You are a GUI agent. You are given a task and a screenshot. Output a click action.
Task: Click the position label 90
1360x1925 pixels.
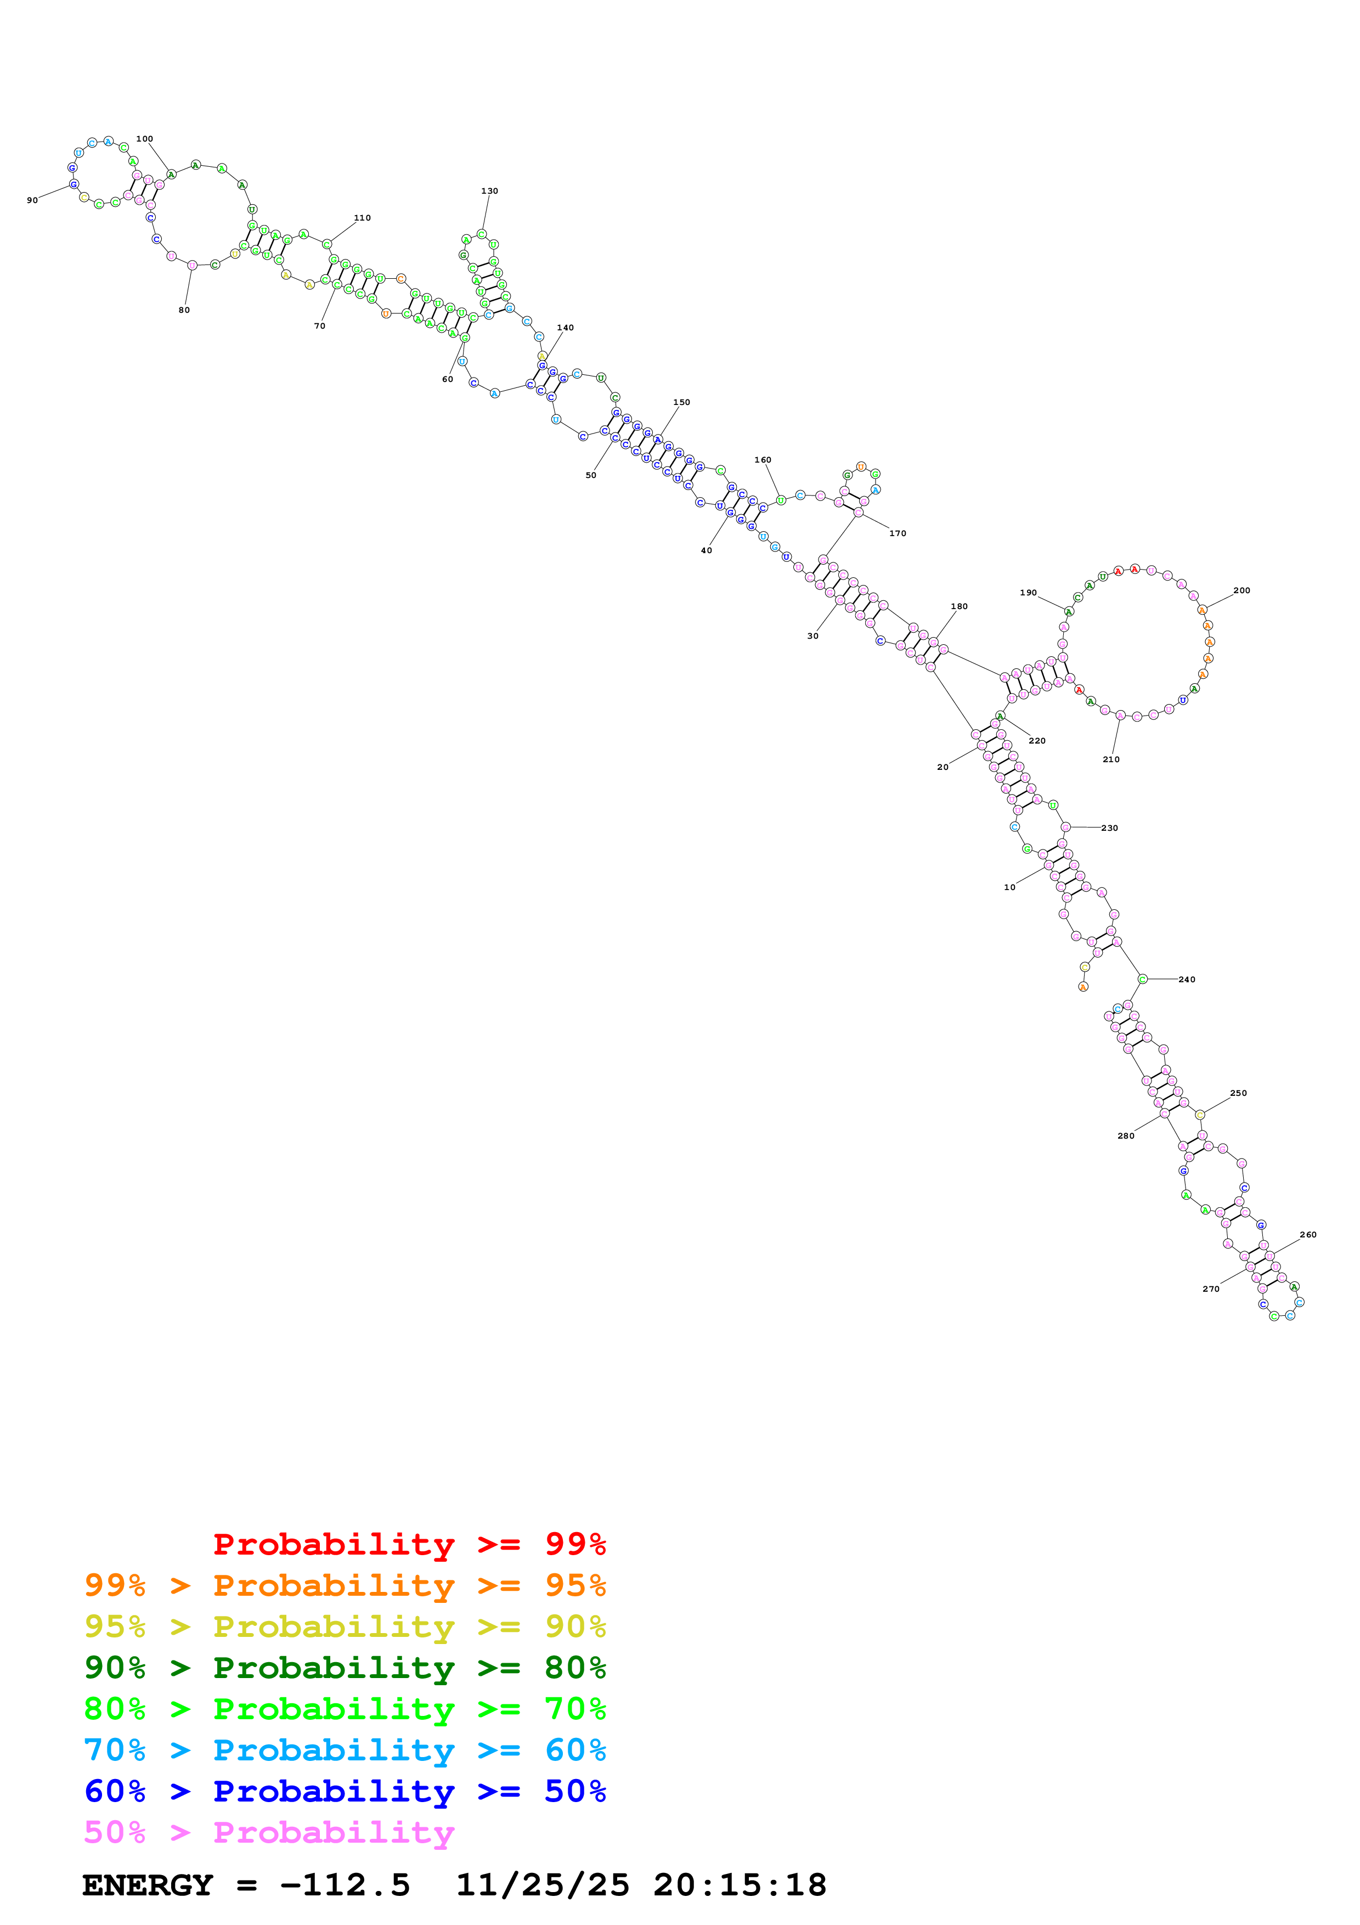click(32, 200)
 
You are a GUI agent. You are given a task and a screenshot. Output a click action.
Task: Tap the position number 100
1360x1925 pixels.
click(144, 139)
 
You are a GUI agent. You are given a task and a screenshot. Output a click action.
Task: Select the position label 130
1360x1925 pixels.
click(489, 191)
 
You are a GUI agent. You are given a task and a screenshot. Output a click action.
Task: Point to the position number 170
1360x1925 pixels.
click(898, 533)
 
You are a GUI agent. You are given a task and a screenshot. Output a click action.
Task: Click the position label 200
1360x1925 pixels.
click(1241, 590)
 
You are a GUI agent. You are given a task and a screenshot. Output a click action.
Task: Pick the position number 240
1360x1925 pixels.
click(1187, 980)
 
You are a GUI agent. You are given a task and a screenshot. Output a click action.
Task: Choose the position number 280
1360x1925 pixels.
click(1125, 1136)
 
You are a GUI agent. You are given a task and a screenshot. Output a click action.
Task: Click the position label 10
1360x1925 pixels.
click(1010, 887)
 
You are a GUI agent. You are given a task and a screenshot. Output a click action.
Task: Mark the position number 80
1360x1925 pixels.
click(184, 310)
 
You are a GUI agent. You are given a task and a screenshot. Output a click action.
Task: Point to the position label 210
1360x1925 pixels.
click(1110, 759)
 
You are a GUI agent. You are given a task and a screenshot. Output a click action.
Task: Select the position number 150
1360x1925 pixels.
click(681, 402)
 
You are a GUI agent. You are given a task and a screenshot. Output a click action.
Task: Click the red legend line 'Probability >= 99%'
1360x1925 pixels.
click(409, 1544)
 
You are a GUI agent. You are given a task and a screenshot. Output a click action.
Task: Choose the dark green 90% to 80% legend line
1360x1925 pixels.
click(345, 1668)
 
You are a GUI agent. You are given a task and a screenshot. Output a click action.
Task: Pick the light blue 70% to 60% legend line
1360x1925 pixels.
click(345, 1750)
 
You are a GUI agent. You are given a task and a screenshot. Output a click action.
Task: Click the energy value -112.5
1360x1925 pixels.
click(345, 1885)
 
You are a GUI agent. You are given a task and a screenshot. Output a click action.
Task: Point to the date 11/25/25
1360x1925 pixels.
click(542, 1885)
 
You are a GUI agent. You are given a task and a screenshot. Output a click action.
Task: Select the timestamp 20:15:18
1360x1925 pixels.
click(740, 1885)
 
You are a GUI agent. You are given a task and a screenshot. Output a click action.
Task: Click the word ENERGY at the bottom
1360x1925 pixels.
click(148, 1885)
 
